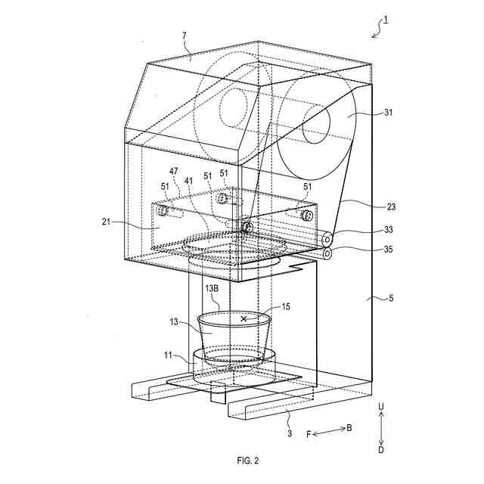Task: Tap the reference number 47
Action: coord(175,172)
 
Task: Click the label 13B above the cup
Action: coord(213,289)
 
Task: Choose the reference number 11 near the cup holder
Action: coord(172,353)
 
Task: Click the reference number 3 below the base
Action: coord(289,433)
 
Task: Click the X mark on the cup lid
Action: coord(244,319)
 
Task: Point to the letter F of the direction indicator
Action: coord(309,434)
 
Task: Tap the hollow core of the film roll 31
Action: coord(315,126)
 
